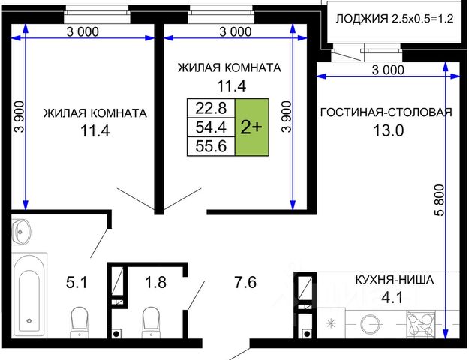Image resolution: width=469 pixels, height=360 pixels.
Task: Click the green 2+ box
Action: coord(251,127)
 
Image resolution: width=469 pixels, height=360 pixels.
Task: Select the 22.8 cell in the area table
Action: coord(211,108)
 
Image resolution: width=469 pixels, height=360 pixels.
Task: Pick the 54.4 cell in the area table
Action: coord(211,127)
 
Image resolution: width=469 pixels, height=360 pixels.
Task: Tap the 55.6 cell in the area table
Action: coord(211,146)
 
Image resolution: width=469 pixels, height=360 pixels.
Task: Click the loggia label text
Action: coord(395,19)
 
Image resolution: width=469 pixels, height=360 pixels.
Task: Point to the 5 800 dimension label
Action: coord(440,200)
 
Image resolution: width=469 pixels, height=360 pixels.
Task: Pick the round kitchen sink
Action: coord(371,324)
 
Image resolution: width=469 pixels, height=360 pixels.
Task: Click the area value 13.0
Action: coord(389,130)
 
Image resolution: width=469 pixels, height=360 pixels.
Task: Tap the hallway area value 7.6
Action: coord(245,282)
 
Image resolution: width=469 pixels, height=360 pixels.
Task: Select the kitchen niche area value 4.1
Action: coord(392,298)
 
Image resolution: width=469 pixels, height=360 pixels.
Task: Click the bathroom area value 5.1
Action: coord(77,282)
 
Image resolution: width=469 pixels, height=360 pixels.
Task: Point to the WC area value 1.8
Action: coord(155,282)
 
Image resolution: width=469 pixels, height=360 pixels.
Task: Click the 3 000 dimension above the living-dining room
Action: coord(388,70)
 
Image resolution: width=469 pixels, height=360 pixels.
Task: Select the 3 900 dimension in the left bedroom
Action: coord(20,116)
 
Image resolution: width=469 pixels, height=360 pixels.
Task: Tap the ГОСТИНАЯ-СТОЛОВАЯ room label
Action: coord(386,112)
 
